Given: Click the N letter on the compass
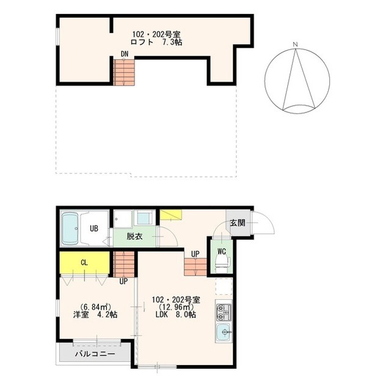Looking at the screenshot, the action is (x=296, y=45).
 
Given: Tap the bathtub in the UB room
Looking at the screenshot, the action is (x=70, y=228).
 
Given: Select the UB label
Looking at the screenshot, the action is (x=94, y=228).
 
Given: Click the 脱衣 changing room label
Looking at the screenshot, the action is (x=134, y=236).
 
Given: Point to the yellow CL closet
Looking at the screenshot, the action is (x=84, y=262).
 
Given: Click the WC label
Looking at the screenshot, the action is (x=221, y=251).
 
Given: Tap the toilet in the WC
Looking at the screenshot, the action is (x=221, y=264).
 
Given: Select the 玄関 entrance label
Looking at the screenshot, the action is (x=238, y=223).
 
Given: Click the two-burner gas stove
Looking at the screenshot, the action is (x=224, y=312).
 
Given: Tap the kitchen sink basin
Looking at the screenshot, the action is (x=224, y=333).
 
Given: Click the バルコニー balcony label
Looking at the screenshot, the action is (x=95, y=354).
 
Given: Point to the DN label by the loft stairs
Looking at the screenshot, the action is (x=125, y=54).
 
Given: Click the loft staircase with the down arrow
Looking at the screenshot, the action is (x=124, y=72).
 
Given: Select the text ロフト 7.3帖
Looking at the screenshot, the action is (x=156, y=42).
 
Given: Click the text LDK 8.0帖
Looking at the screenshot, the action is (x=175, y=314).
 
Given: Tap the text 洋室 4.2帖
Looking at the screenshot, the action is (x=95, y=315).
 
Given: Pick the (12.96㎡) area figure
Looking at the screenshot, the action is (x=176, y=307).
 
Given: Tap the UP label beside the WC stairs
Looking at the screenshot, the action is (x=195, y=254).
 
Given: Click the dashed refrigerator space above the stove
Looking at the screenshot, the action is (x=224, y=286).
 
